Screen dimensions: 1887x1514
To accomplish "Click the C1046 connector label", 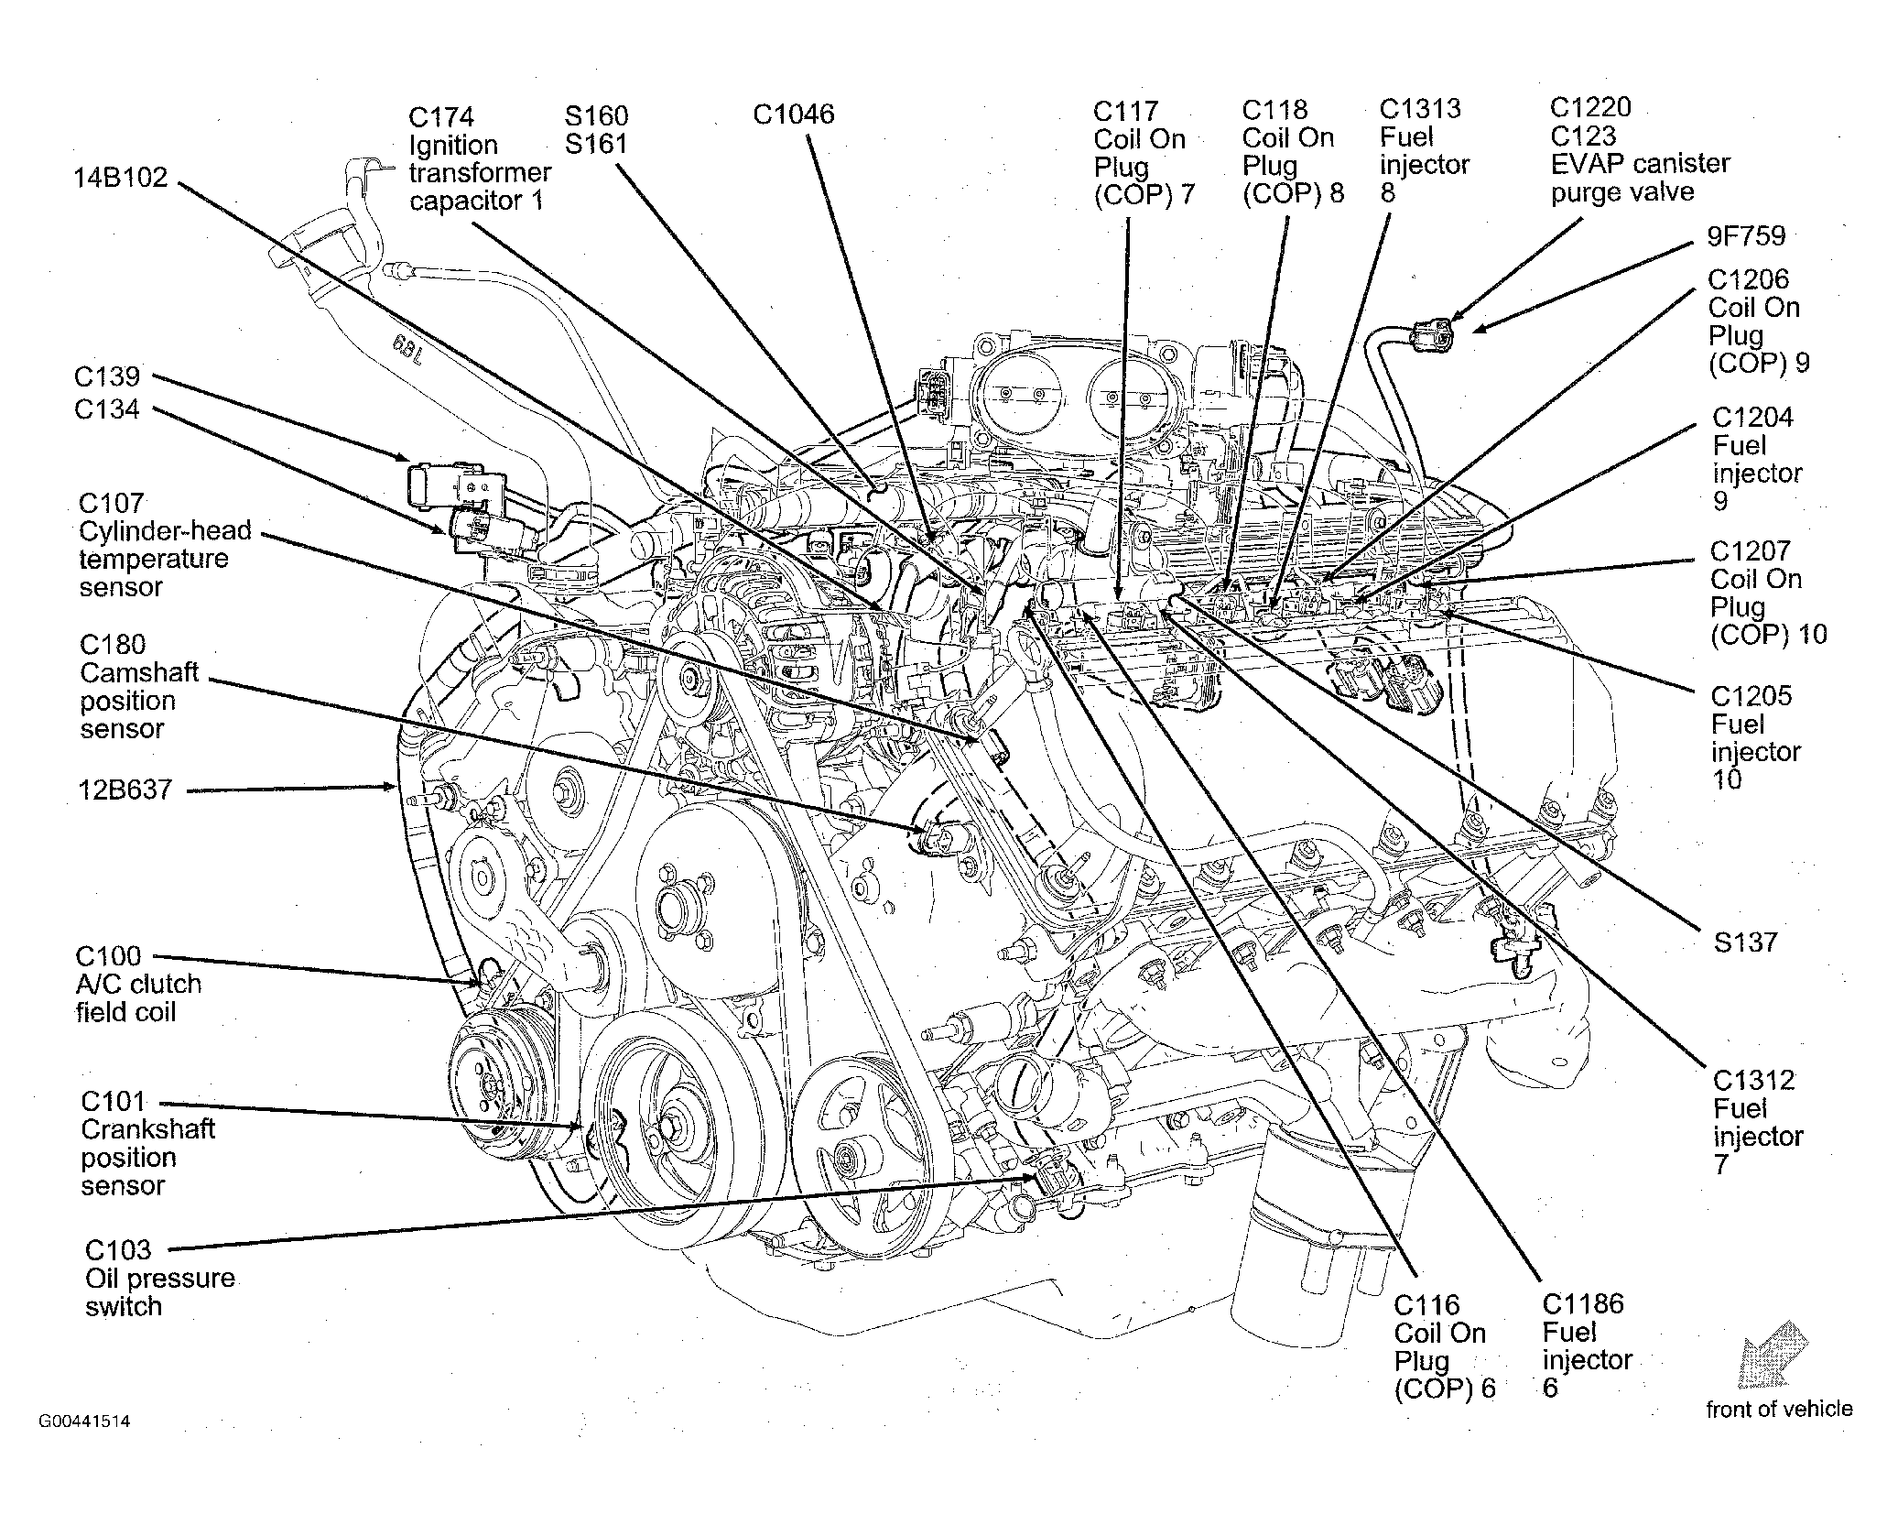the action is click(x=794, y=114).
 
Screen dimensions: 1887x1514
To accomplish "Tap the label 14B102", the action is click(x=121, y=177).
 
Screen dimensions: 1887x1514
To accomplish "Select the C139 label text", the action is click(x=107, y=376).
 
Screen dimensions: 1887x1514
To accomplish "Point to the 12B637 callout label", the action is click(x=125, y=789).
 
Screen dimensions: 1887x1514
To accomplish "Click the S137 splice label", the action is click(x=1745, y=942).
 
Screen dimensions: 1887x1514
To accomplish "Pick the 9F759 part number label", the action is click(x=1746, y=236).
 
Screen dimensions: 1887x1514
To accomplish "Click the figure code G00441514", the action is click(x=84, y=1422).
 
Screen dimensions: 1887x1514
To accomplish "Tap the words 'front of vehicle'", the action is click(x=1779, y=1409).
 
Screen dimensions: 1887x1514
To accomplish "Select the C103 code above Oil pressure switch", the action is click(x=118, y=1250).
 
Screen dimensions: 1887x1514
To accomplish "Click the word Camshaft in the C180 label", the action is click(x=139, y=672).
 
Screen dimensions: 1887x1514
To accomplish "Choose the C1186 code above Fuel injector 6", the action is click(x=1583, y=1303).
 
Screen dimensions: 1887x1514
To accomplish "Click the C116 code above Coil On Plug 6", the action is click(x=1426, y=1305).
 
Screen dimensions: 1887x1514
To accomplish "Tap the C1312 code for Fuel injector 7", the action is click(x=1754, y=1081).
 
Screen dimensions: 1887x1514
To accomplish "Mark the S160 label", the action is click(x=597, y=115).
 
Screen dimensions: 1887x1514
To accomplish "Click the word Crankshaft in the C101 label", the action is click(x=147, y=1128).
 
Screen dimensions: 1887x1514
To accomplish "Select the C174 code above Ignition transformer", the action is click(x=441, y=117).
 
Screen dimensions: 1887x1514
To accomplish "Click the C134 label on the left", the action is click(x=107, y=409).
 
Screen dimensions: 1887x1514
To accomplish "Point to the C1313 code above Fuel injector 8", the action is click(x=1420, y=109).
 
